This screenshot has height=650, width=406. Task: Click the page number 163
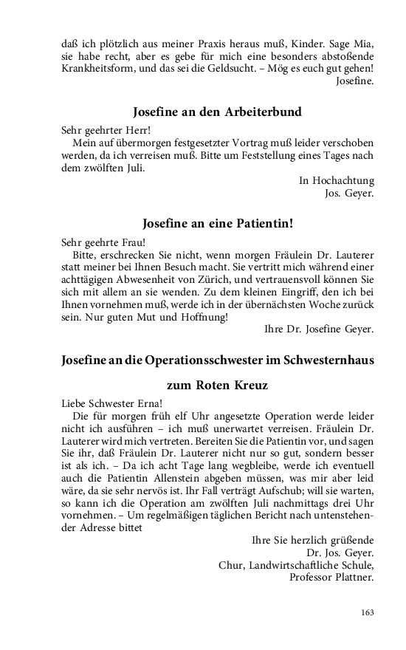[x=367, y=612]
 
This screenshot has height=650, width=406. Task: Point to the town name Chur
[x=231, y=565]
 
